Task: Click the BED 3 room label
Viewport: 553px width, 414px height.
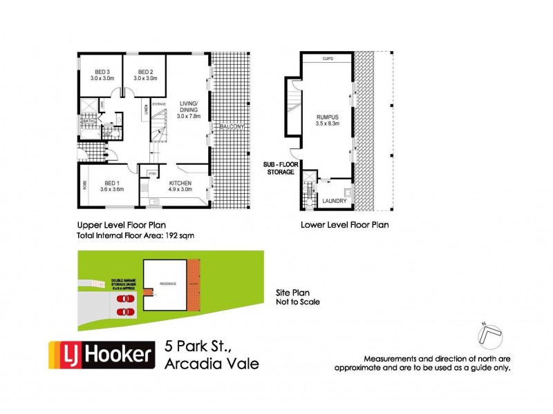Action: pos(102,75)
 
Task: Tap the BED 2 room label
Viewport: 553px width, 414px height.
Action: pos(145,75)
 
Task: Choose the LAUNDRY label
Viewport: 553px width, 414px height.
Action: pos(335,201)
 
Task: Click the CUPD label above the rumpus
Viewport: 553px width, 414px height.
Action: pos(328,60)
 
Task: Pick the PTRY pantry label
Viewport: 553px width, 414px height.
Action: pos(151,171)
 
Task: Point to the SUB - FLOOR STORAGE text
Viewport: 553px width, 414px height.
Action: pos(279,168)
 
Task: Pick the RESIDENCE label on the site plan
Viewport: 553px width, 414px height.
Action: pos(168,284)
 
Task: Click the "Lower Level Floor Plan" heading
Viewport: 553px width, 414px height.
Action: pos(344,225)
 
